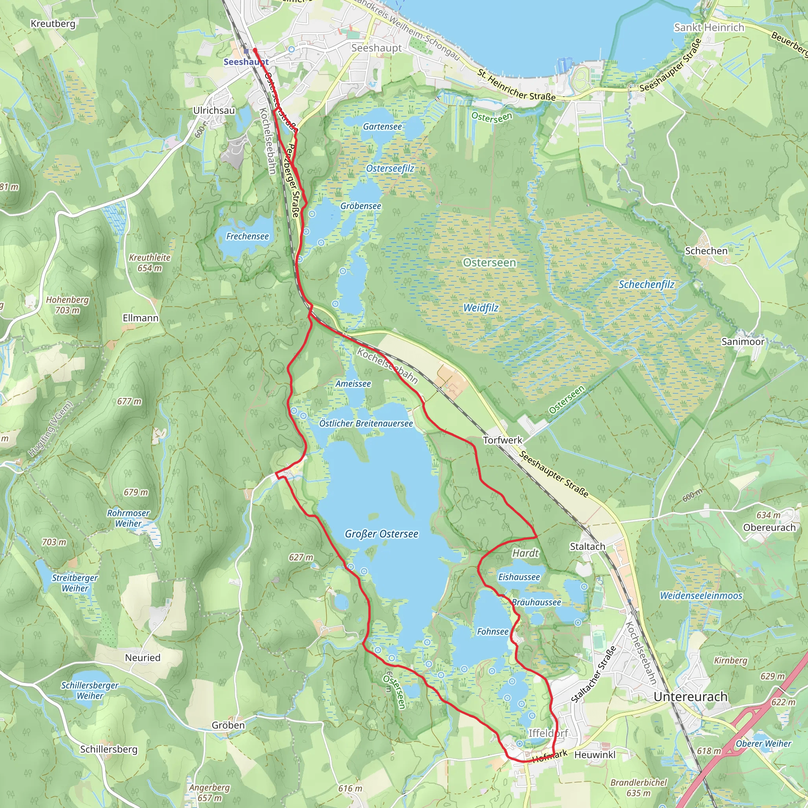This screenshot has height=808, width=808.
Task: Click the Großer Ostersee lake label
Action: pos(381,534)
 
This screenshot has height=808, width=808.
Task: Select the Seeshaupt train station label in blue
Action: pos(246,62)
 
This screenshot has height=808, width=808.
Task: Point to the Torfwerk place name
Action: pos(502,440)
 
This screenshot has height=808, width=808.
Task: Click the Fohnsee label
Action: pos(493,632)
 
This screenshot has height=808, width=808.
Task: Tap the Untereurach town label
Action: pos(690,697)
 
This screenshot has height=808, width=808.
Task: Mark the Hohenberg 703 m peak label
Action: pos(67,305)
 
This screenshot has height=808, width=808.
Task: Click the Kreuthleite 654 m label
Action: pos(149,263)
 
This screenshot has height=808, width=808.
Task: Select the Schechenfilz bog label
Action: pos(646,284)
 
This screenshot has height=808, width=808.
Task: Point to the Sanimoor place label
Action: pos(743,342)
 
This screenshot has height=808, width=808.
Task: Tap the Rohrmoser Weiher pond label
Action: pos(128,518)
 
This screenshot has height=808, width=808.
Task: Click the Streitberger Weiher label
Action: pos(75,583)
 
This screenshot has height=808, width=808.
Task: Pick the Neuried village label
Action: pos(142,657)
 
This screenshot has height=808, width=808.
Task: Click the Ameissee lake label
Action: pos(353,383)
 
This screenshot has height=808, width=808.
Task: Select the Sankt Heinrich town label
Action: pos(709,28)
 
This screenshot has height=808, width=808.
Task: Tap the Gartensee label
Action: pos(382,126)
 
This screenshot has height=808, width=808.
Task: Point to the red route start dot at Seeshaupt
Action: pos(255,50)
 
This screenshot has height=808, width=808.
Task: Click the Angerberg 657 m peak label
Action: pos(209,793)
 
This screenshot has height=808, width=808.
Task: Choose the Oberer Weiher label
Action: pos(763,744)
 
